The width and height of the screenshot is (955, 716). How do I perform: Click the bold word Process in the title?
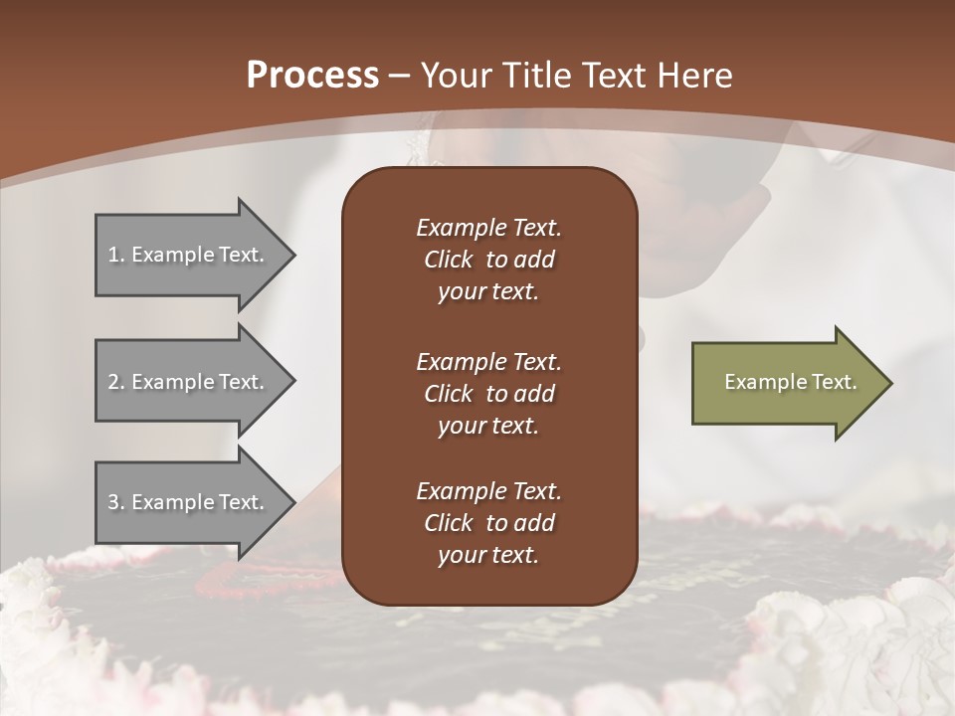coord(312,76)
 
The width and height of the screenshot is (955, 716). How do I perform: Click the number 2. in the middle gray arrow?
coord(116,382)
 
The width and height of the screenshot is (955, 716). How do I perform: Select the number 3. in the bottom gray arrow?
coord(116,502)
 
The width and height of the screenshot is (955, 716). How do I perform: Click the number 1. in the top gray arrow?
coord(116,255)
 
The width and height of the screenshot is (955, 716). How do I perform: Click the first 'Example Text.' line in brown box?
coord(488,228)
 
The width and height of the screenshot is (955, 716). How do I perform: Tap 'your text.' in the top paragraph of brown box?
coord(488,291)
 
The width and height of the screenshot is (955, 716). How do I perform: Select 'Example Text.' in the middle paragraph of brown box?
coord(488,362)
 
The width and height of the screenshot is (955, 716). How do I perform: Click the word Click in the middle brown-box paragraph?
coord(449,394)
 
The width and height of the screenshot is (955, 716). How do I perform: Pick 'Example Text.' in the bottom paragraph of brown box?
coord(488,491)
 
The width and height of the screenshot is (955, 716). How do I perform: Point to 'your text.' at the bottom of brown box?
coord(488,555)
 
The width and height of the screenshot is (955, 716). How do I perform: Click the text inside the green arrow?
coord(791,382)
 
